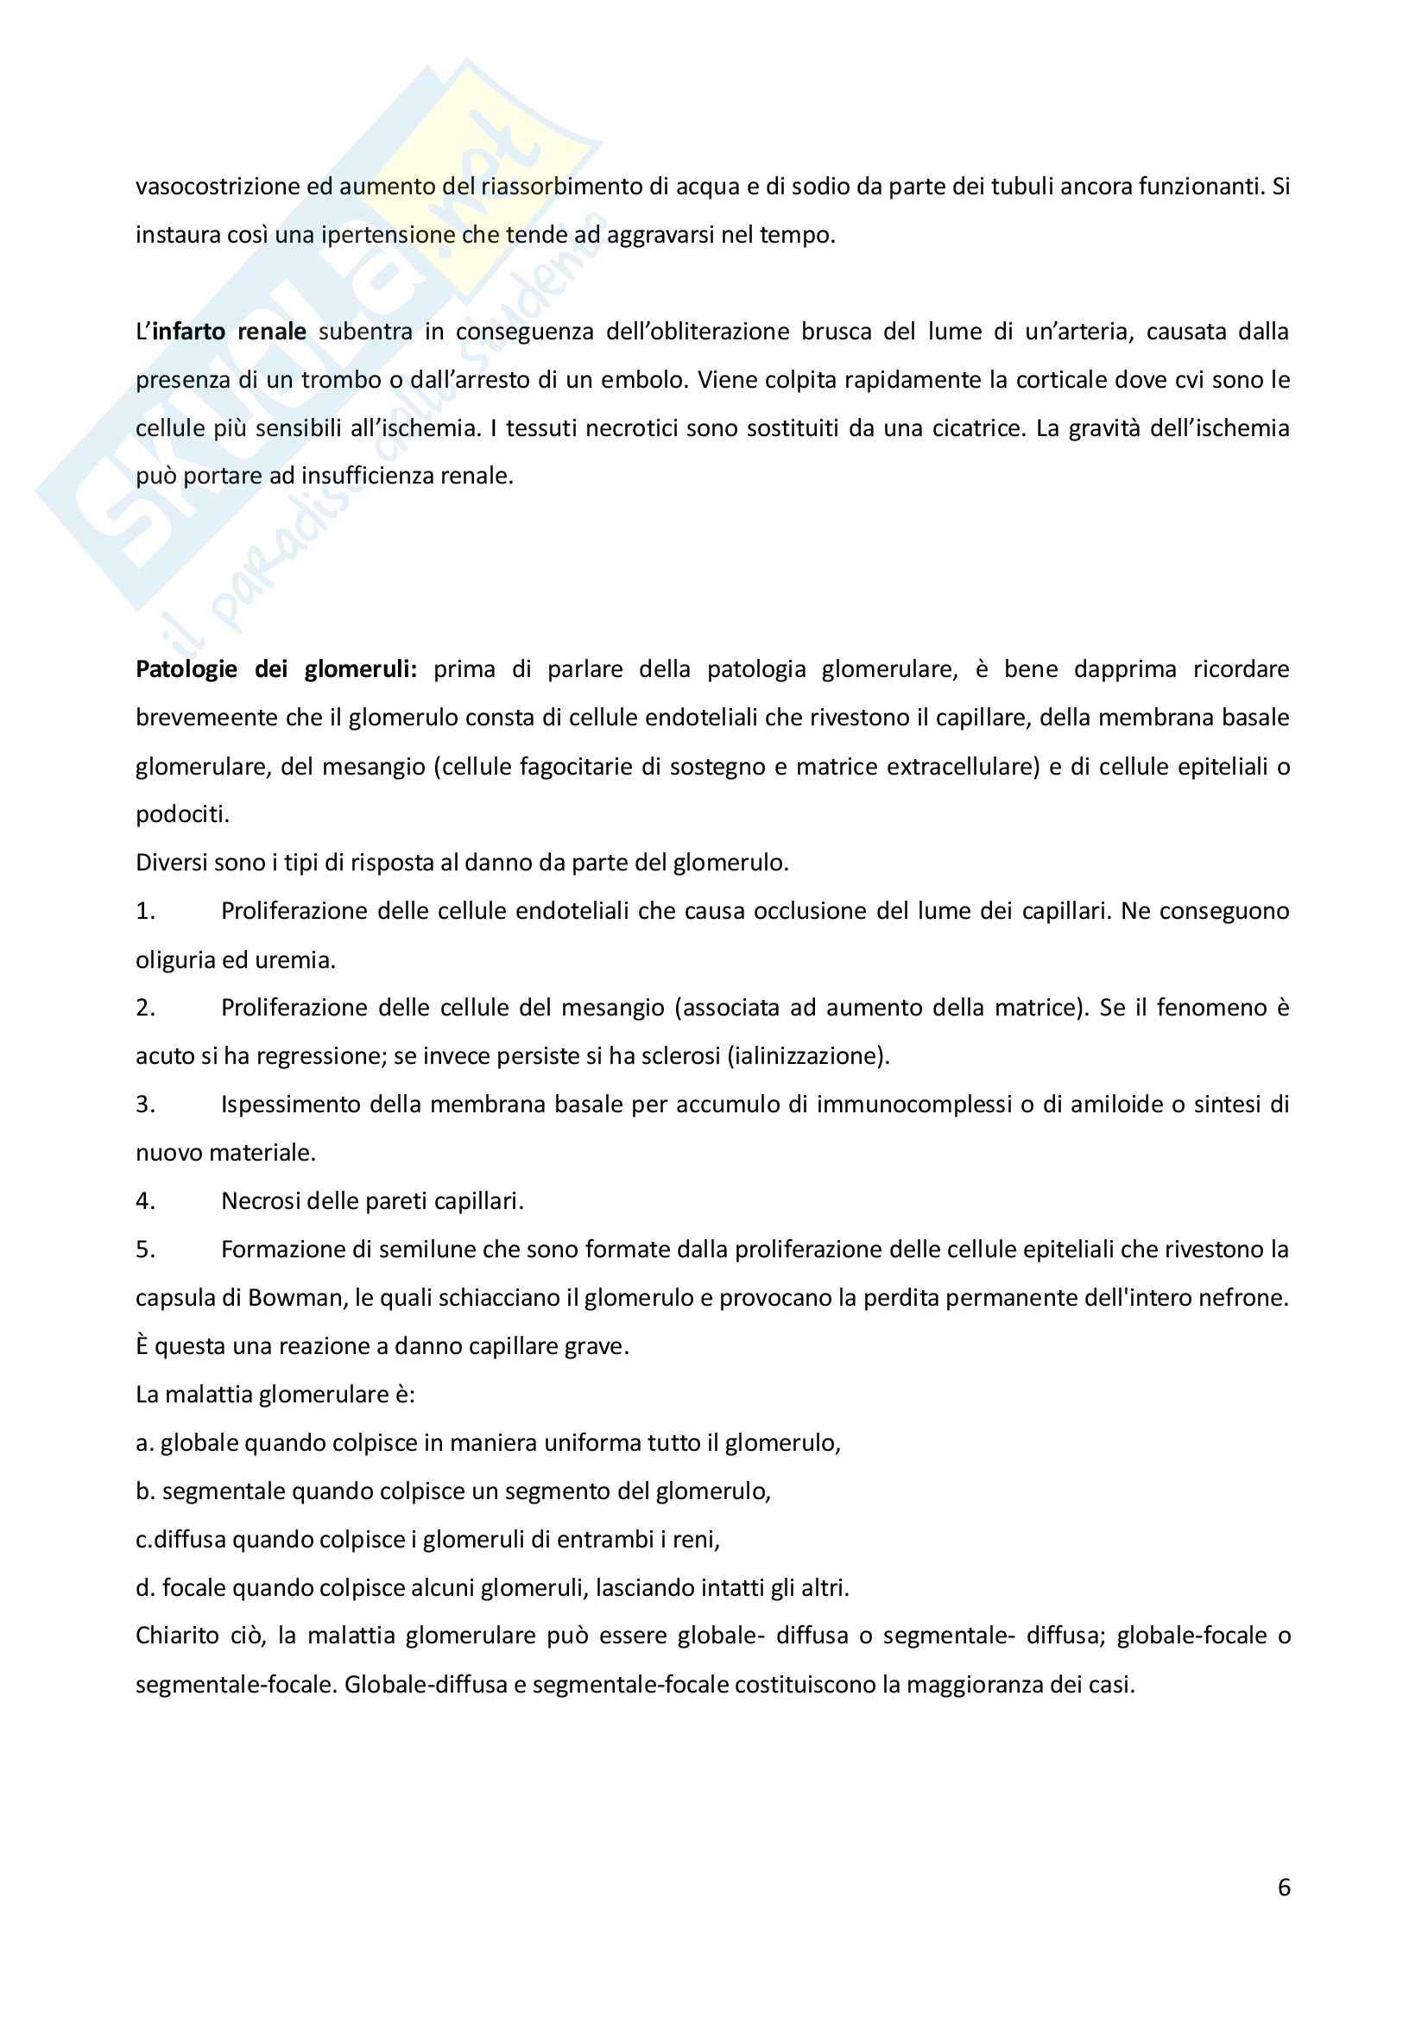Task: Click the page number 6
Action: [1283, 1887]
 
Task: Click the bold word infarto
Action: [188, 332]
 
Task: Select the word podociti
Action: [181, 815]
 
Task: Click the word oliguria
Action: [174, 960]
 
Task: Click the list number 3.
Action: [145, 1104]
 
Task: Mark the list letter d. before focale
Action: [145, 1588]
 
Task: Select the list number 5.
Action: [145, 1250]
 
